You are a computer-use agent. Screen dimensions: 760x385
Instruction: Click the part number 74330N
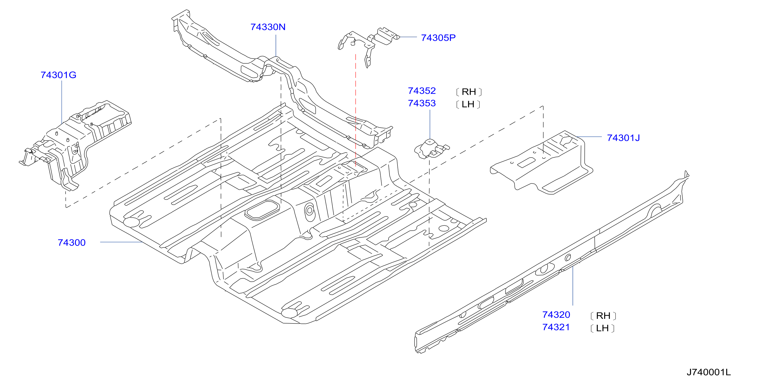coord(268,27)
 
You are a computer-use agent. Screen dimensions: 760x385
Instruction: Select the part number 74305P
coord(438,38)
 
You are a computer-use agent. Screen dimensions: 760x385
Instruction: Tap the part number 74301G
coord(58,75)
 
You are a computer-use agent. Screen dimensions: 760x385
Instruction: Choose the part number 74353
coord(422,103)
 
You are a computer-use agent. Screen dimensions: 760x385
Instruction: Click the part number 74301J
coord(623,138)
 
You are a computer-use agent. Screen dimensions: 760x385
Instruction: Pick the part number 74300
coord(72,242)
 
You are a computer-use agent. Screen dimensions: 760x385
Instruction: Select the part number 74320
coord(556,315)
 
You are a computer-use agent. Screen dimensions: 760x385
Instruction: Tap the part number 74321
coord(556,327)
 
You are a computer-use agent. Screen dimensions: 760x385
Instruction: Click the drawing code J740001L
coord(709,372)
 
